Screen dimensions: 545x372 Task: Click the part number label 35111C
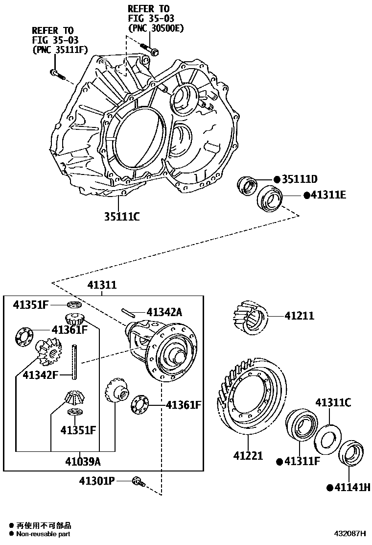click(121, 216)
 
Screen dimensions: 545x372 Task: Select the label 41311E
click(328, 196)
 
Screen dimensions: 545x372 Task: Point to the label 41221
click(248, 456)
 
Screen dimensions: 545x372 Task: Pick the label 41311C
click(333, 403)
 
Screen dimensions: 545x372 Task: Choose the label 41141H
click(351, 487)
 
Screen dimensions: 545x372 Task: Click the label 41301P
click(98, 481)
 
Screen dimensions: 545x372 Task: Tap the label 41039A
click(84, 461)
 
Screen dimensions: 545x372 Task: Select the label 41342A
click(164, 312)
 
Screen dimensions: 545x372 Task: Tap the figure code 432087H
click(350, 533)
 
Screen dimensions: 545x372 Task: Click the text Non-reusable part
click(44, 534)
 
